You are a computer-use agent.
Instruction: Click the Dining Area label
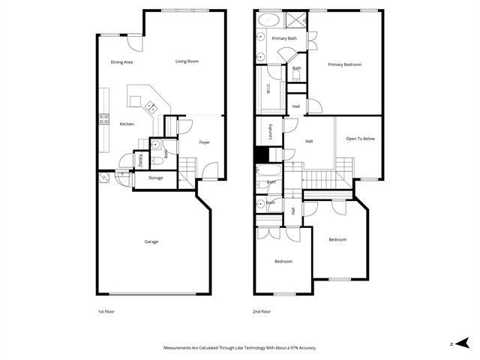[121, 62]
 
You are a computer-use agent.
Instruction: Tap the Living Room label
[187, 61]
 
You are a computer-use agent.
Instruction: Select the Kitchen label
[127, 124]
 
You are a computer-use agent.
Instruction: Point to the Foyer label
[204, 142]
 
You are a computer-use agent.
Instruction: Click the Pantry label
[140, 160]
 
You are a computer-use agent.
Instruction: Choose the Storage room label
[155, 178]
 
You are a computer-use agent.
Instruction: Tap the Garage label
[151, 241]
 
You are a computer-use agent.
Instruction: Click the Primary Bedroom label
[345, 64]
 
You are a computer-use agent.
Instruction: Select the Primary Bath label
[285, 38]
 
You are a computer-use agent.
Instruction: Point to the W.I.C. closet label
[268, 88]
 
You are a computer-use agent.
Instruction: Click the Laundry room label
[269, 132]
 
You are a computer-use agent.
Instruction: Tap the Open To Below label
[360, 139]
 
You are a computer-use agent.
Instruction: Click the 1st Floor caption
[106, 311]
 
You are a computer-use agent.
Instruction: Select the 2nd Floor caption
[262, 311]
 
